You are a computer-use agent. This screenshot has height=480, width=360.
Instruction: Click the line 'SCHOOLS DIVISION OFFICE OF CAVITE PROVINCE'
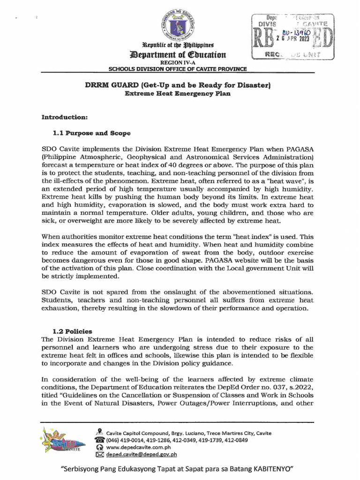coord(178,69)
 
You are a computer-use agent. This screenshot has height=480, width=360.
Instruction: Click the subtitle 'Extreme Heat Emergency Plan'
coord(178,93)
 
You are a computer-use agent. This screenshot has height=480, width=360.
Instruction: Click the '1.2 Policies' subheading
coord(72,331)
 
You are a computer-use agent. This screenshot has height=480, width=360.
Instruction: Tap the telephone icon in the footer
coord(99,440)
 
